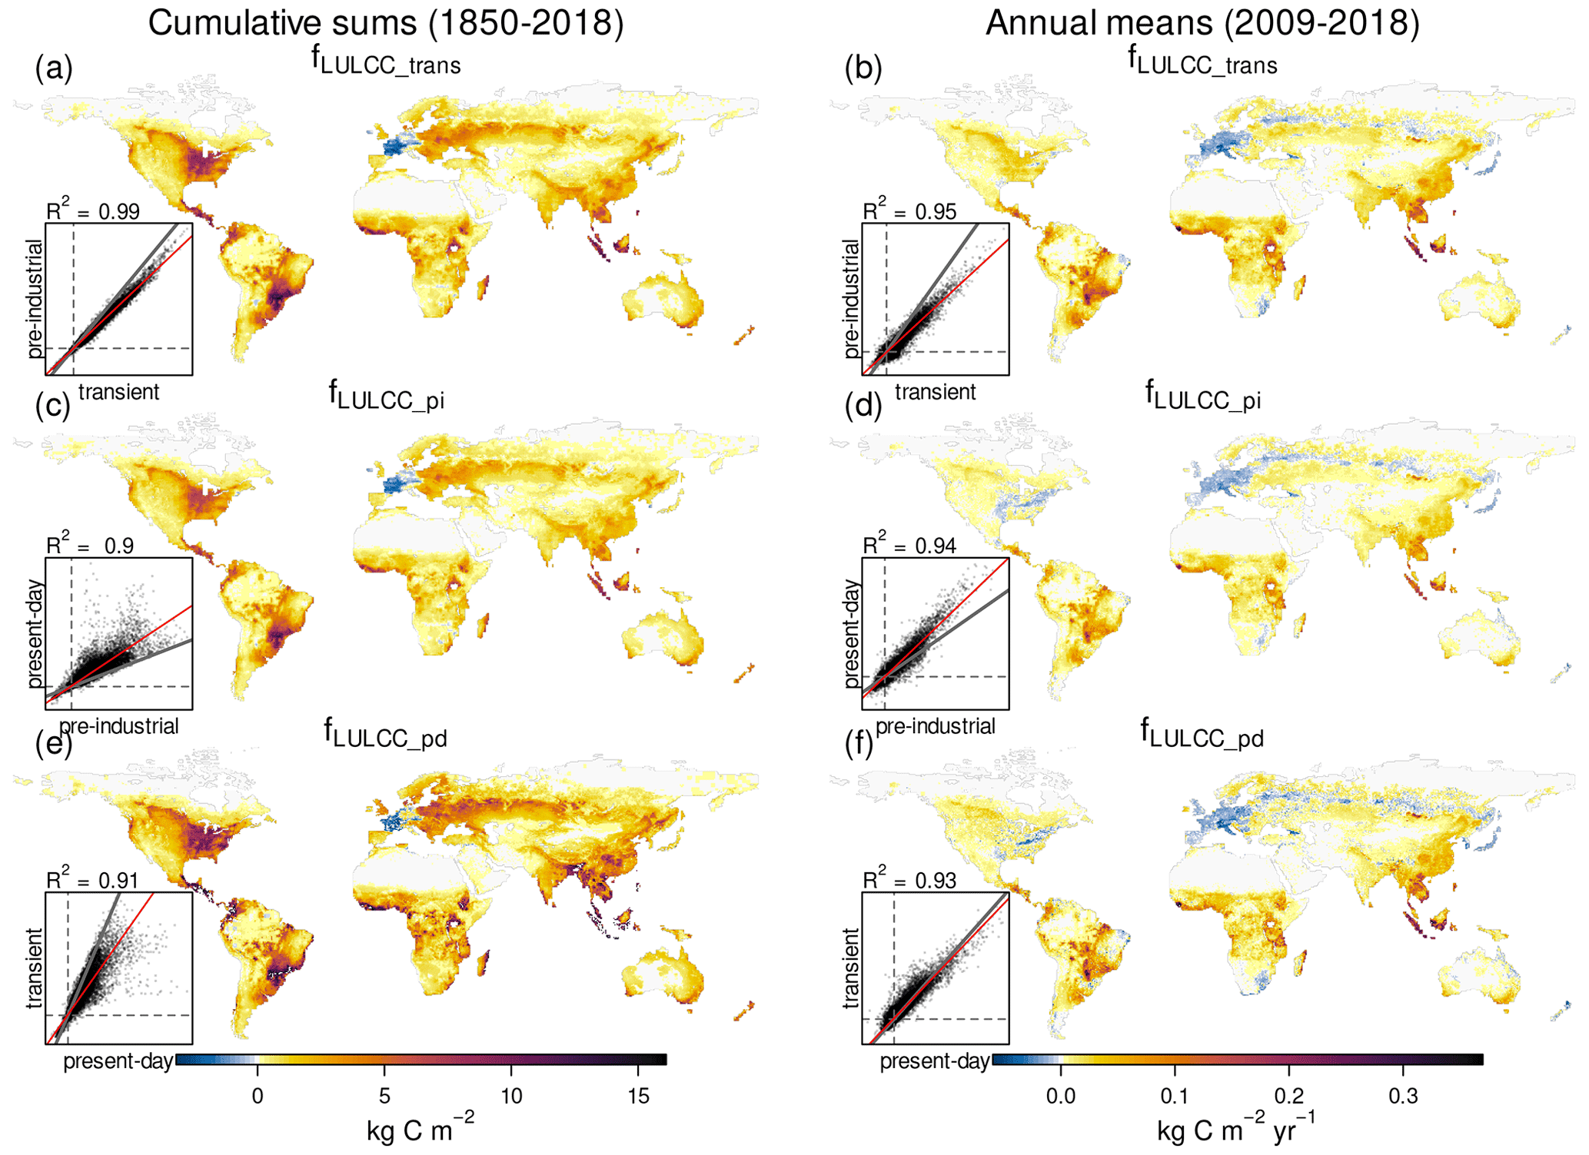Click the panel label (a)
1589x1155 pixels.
pyautogui.click(x=54, y=69)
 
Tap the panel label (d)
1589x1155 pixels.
pyautogui.click(x=863, y=405)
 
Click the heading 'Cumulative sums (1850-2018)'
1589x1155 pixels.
pyautogui.click(x=386, y=23)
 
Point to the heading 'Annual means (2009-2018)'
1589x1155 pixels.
pyautogui.click(x=1202, y=23)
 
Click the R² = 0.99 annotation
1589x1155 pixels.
pyautogui.click(x=93, y=210)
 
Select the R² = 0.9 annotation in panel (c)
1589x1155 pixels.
pyautogui.click(x=90, y=545)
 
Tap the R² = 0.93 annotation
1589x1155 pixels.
pyautogui.click(x=909, y=880)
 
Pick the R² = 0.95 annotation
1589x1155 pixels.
pyautogui.click(x=909, y=210)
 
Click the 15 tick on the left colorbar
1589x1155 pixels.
pyautogui.click(x=638, y=1096)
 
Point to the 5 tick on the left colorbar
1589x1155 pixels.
pyautogui.click(x=384, y=1096)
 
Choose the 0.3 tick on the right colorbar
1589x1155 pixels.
pyautogui.click(x=1403, y=1096)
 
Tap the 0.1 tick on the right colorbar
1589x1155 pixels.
pyautogui.click(x=1175, y=1096)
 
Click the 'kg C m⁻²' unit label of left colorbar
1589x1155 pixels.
pyautogui.click(x=420, y=1129)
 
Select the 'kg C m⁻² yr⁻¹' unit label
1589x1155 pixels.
pyautogui.click(x=1236, y=1129)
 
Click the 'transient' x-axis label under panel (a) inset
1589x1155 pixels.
pyautogui.click(x=118, y=392)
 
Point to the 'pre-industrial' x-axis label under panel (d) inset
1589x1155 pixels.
pyautogui.click(x=936, y=726)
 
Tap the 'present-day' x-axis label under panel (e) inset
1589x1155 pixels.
pyautogui.click(x=118, y=1061)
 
